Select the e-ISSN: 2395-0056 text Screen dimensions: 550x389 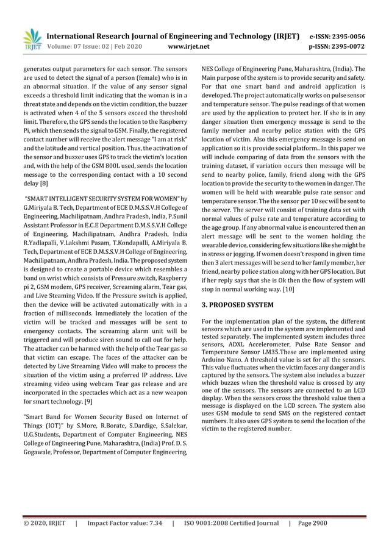click(346, 36)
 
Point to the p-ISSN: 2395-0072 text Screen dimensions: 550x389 click(346, 46)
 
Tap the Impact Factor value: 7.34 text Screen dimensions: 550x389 click(125, 523)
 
